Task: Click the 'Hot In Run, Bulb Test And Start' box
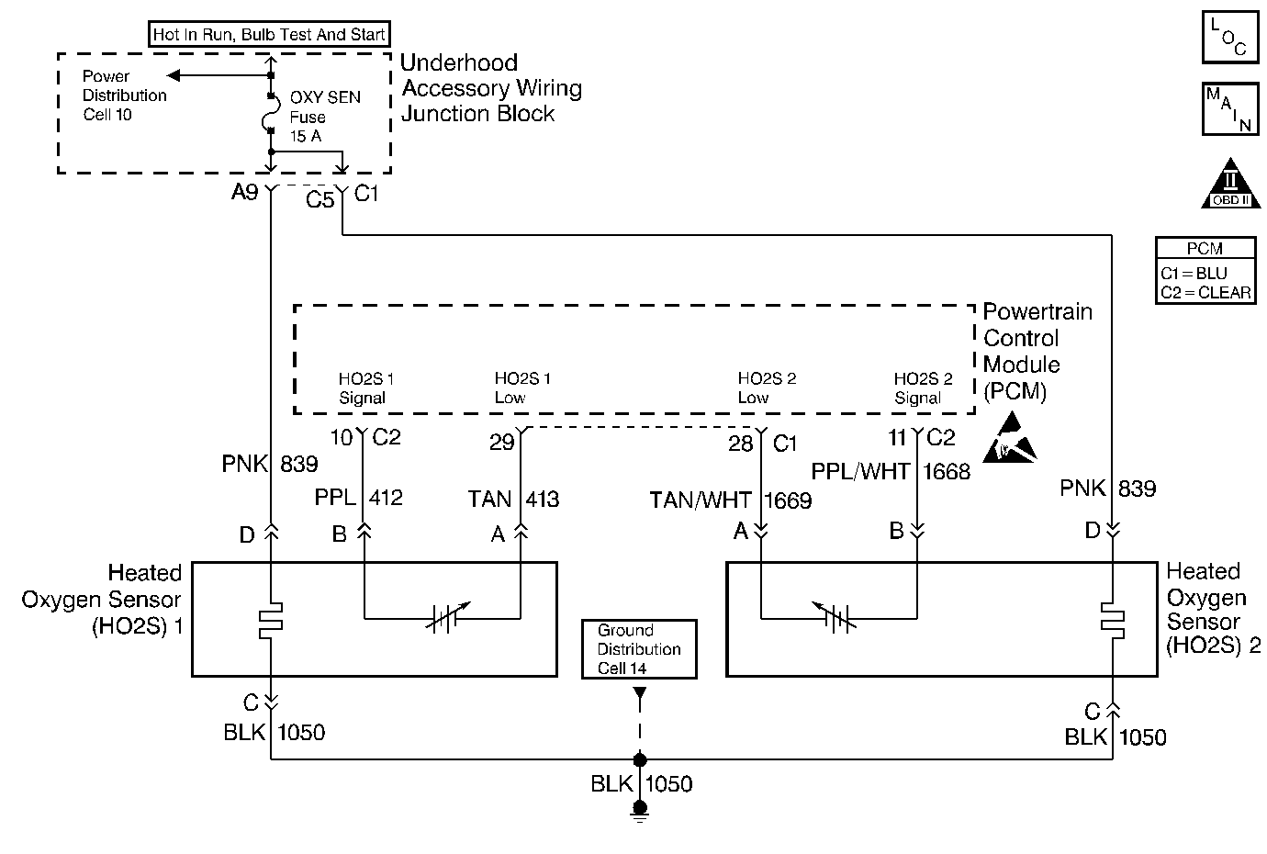click(269, 35)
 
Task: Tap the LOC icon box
click(1229, 38)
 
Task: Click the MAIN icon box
click(1229, 108)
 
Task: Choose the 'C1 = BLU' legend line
click(1194, 274)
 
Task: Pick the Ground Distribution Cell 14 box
click(639, 649)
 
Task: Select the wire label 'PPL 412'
click(359, 499)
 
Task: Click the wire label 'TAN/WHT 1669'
click(731, 500)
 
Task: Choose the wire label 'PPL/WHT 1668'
click(891, 471)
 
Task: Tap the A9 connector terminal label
click(245, 194)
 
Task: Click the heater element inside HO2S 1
click(272, 622)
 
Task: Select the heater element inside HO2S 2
click(1113, 621)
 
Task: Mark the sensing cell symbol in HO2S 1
click(447, 618)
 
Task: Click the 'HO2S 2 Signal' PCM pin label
click(923, 388)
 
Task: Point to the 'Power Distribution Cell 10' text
click(124, 96)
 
